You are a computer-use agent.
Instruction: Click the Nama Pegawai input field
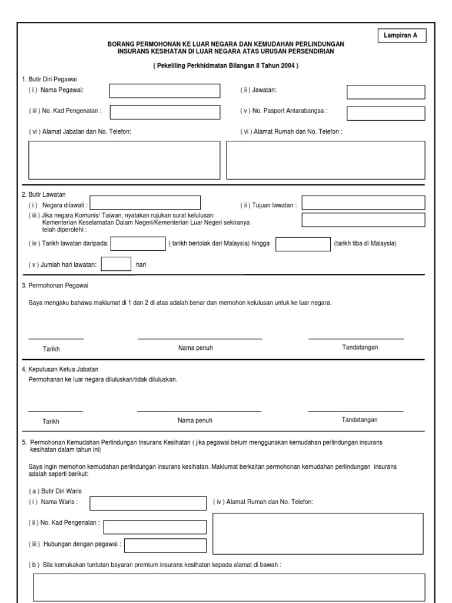tap(165, 91)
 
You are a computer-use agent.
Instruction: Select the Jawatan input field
tap(385, 92)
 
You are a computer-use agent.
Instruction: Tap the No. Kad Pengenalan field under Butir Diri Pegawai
tap(165, 112)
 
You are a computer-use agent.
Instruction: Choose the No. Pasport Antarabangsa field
tap(385, 112)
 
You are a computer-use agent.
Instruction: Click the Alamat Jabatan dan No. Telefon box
tap(124, 160)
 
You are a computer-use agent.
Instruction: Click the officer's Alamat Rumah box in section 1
tap(325, 160)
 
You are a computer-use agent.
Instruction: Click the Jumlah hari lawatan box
tap(116, 264)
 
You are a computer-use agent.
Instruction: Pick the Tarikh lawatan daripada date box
tap(139, 244)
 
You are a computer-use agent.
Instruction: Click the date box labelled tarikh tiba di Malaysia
tap(303, 244)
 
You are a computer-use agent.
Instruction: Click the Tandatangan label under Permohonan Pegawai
tap(360, 347)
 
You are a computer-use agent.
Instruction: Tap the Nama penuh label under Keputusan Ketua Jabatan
tap(195, 420)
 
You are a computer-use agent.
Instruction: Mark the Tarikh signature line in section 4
tap(55, 412)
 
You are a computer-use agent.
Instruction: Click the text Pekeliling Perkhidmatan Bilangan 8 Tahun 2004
tap(225, 66)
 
